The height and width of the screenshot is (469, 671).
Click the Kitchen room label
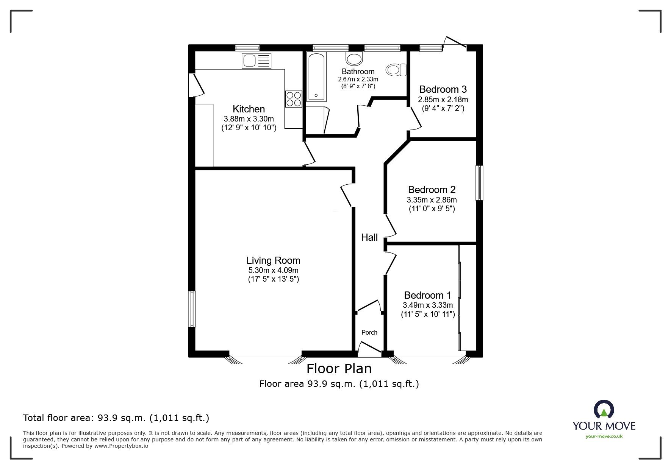249,109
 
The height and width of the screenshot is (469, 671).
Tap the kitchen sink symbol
257,61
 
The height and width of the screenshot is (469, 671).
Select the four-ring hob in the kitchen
294,99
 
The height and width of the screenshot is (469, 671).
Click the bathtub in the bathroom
316,77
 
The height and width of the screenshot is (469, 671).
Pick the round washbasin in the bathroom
354,59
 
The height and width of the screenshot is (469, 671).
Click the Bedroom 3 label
443,89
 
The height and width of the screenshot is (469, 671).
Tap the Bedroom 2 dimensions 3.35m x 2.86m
432,199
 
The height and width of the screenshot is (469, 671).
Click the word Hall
369,237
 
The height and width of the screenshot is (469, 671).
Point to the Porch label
369,332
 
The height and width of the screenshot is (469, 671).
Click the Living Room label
273,260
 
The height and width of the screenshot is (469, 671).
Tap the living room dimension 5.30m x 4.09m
273,270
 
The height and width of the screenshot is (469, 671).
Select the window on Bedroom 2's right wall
479,183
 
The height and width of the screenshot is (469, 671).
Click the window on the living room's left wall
192,309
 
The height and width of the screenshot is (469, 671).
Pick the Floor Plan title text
339,368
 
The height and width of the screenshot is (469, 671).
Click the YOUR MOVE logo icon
604,410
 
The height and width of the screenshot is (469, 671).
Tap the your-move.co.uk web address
604,436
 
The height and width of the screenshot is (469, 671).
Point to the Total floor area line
116,418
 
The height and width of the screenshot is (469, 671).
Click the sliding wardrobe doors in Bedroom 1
460,298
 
